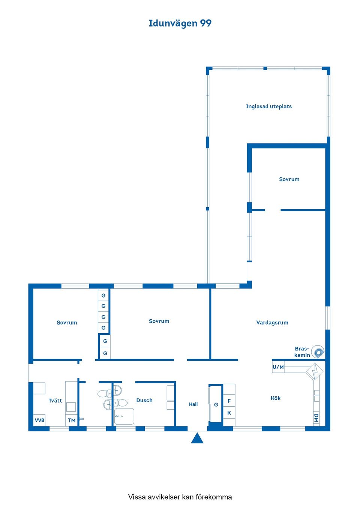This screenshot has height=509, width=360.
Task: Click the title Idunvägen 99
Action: [x=180, y=23]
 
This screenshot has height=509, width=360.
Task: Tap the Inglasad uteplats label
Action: [x=268, y=106]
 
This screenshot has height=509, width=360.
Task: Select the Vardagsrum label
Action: [x=272, y=322]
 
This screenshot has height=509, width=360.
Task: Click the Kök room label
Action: [x=276, y=398]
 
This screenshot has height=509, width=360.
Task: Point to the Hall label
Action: [x=193, y=404]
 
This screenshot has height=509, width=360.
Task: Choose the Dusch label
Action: [x=144, y=400]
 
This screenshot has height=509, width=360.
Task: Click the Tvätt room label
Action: [x=55, y=401]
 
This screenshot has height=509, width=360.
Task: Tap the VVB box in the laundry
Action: [x=39, y=420]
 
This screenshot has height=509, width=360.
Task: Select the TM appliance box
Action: [x=72, y=421]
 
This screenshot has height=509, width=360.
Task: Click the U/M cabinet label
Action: [x=278, y=367]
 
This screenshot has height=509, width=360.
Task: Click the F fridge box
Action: [x=229, y=401]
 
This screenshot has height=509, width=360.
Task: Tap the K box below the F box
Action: [x=229, y=413]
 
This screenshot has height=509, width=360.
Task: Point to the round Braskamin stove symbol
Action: [x=318, y=352]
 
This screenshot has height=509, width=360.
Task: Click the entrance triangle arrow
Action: [x=197, y=438]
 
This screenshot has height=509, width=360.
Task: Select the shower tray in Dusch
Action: [x=124, y=416]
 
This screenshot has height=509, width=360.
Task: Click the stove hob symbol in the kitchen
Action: [x=314, y=371]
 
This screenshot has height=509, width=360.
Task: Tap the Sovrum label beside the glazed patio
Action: [x=289, y=179]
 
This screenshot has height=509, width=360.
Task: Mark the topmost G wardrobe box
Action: [x=103, y=295]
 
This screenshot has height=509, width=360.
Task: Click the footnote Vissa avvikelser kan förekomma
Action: [x=180, y=497]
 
